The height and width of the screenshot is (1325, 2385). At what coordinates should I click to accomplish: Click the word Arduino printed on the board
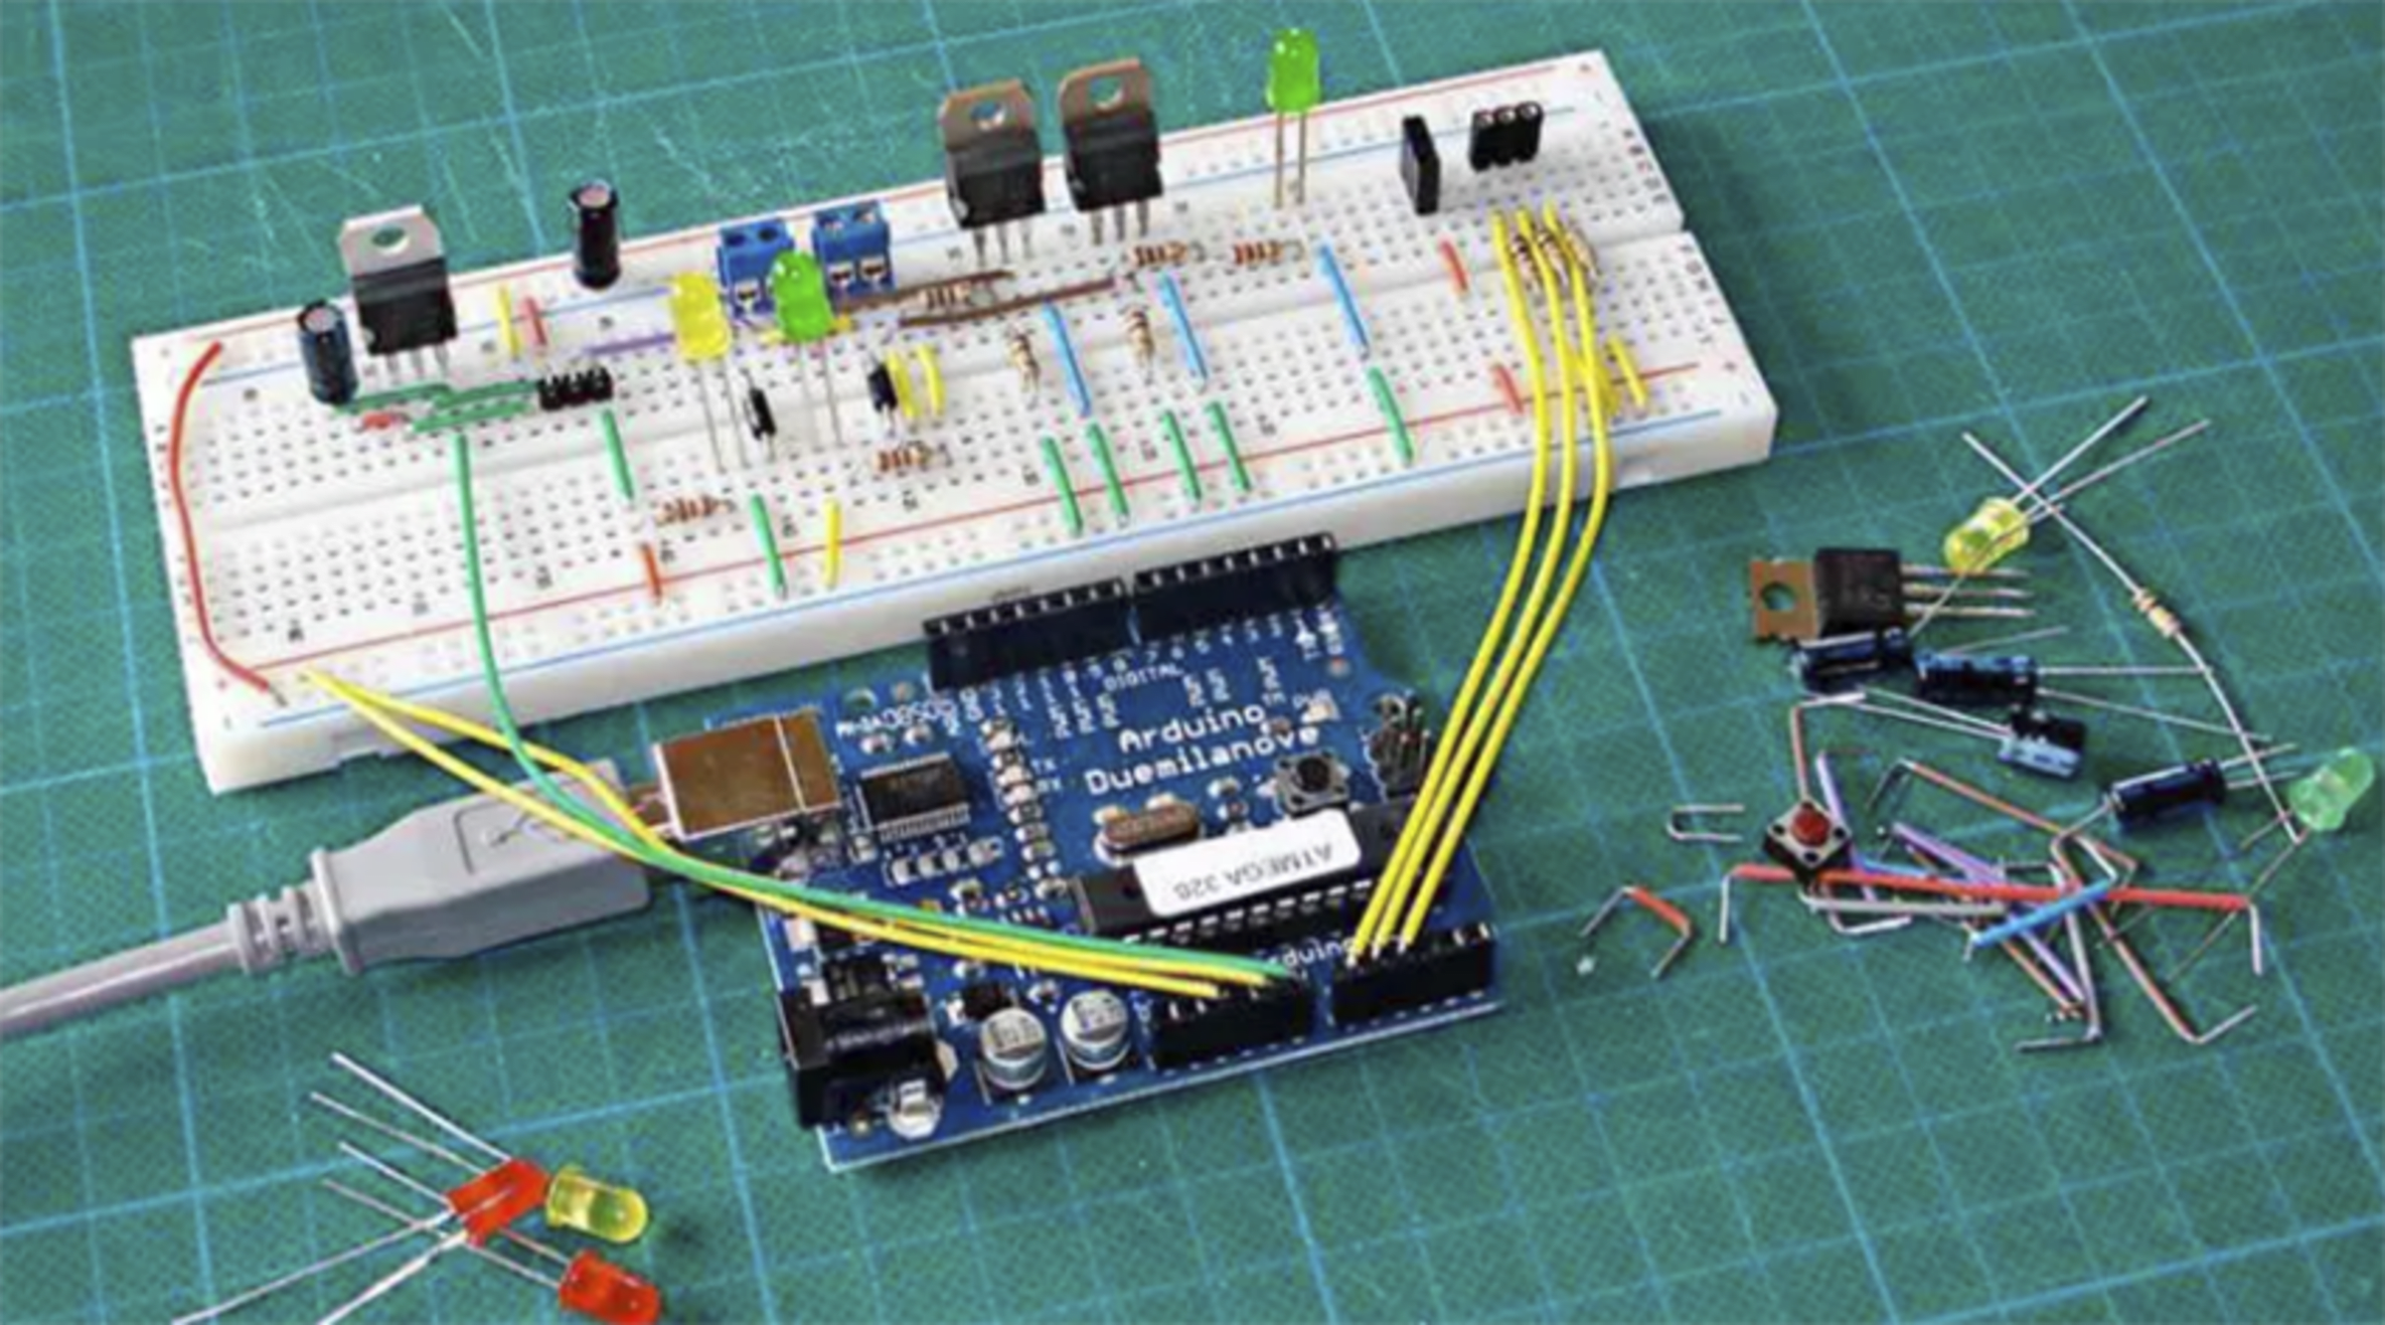coord(1192,732)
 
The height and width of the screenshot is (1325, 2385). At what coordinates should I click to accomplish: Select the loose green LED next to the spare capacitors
coord(2330,790)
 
